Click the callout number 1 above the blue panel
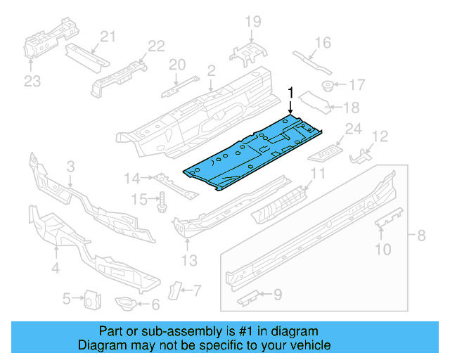click(290, 93)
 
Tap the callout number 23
click(32, 82)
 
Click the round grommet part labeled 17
click(328, 86)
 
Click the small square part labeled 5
click(90, 300)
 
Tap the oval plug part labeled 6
click(125, 304)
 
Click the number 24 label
click(352, 129)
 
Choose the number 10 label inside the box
click(382, 247)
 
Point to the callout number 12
click(380, 136)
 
